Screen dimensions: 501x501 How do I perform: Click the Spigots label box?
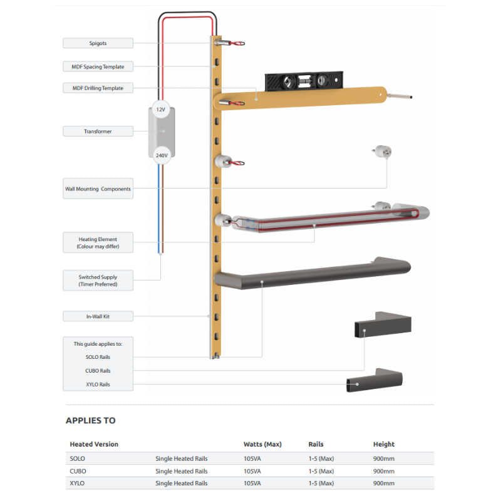click(x=98, y=43)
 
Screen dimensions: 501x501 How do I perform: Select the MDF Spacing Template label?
click(x=98, y=66)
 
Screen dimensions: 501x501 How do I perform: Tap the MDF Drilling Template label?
click(x=98, y=88)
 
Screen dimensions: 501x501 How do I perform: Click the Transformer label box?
click(x=98, y=132)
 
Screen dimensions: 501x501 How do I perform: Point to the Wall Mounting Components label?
click(x=98, y=189)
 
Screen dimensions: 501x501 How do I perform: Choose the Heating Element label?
click(x=98, y=243)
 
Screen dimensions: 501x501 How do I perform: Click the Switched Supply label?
click(x=98, y=281)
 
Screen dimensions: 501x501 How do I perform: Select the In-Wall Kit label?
click(x=98, y=316)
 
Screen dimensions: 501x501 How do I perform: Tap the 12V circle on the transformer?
click(x=161, y=109)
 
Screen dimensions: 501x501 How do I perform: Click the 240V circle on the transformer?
click(x=161, y=155)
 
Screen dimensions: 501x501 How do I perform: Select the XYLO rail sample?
click(x=374, y=381)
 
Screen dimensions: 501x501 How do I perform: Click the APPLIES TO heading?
click(x=91, y=420)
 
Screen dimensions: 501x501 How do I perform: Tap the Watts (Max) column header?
click(x=262, y=444)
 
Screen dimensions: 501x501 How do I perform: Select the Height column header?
click(x=384, y=444)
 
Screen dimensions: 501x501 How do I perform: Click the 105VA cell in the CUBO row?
click(x=252, y=471)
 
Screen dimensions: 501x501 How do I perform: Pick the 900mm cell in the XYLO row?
click(x=384, y=483)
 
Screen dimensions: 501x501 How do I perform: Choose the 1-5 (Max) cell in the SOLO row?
click(x=321, y=458)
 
